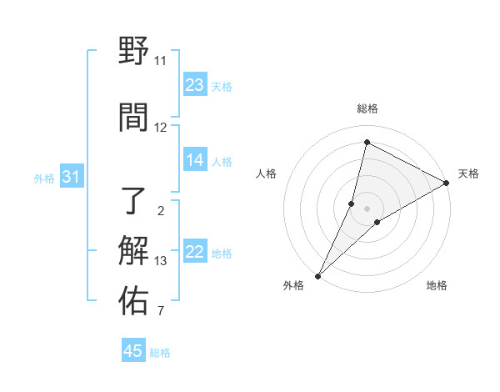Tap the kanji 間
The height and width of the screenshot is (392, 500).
(x=133, y=118)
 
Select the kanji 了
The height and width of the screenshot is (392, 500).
(x=133, y=201)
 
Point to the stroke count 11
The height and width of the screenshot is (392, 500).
(x=160, y=61)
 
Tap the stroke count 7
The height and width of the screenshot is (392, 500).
(x=160, y=312)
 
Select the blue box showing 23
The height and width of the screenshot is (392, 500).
(x=194, y=85)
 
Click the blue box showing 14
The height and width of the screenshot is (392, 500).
(x=194, y=161)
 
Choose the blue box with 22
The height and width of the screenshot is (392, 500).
(x=194, y=253)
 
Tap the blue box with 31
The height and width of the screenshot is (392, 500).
(x=71, y=177)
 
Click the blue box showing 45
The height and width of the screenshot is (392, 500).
(x=132, y=351)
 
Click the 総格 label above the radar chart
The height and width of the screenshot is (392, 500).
(x=367, y=108)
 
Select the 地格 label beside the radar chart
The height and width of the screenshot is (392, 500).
(x=437, y=285)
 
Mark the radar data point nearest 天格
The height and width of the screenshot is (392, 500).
(x=447, y=183)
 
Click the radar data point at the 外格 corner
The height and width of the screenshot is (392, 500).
(x=317, y=275)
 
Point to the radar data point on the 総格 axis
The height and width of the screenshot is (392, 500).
(x=367, y=142)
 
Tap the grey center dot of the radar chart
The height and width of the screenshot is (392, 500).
(x=367, y=208)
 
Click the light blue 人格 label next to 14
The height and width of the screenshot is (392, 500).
(x=222, y=162)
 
